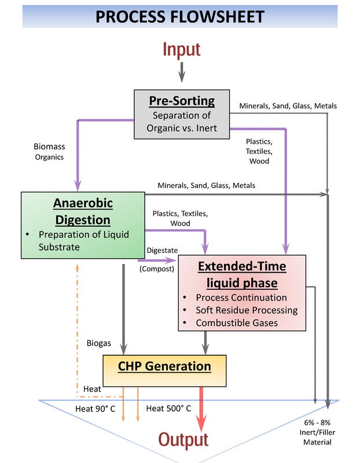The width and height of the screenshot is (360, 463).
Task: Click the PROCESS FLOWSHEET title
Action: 180,17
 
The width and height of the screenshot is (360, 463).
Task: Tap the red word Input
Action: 182,49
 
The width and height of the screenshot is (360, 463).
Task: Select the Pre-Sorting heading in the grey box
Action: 182,101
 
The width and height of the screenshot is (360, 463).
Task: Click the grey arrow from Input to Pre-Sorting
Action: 182,72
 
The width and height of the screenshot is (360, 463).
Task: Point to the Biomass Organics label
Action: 49,152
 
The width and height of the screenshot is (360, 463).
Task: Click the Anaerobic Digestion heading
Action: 83,211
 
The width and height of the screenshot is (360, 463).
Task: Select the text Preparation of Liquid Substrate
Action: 84,241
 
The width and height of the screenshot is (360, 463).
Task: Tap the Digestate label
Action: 162,251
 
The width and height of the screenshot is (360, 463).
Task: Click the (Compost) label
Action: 157,269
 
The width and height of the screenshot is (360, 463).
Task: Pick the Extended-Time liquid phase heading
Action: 242,274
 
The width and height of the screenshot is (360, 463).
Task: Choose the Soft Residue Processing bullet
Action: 247,310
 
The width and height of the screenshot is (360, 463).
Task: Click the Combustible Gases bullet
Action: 237,323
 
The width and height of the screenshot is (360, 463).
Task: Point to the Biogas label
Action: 98,343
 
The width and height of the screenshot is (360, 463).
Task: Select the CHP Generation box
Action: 164,371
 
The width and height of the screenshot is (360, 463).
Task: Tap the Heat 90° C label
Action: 95,409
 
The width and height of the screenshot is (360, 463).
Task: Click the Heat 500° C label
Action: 168,409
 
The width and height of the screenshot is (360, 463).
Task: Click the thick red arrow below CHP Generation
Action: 201,409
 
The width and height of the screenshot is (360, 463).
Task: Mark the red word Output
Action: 183,440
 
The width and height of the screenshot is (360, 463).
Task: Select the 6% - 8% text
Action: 317,422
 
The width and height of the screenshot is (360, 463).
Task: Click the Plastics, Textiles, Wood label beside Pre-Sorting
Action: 259,151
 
